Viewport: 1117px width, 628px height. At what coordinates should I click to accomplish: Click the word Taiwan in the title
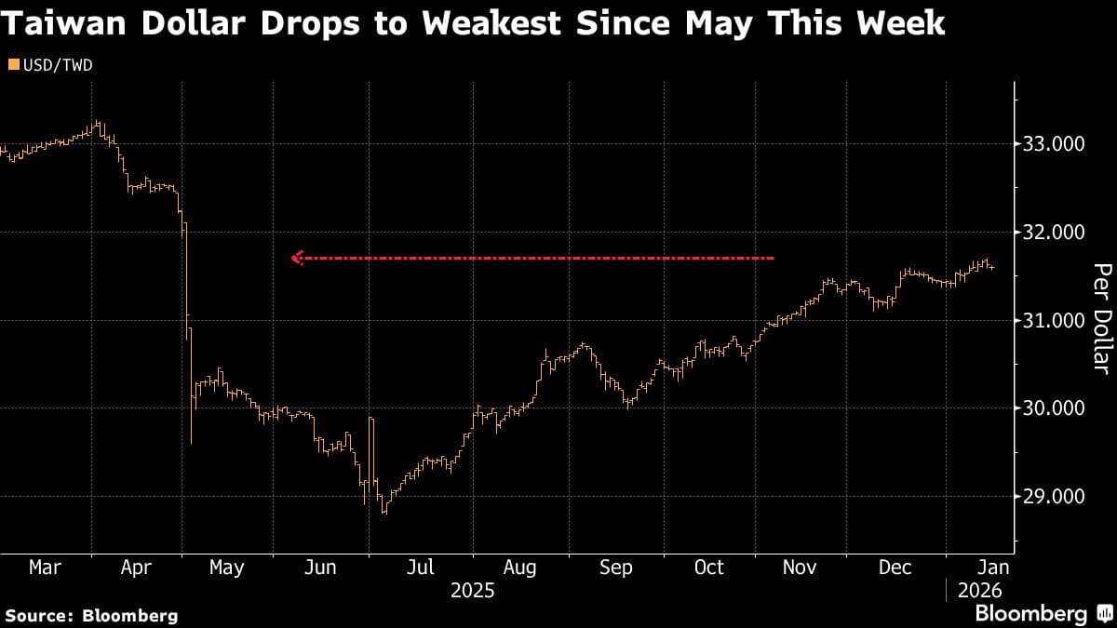[x=67, y=22]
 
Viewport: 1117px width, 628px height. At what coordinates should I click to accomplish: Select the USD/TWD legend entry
[x=50, y=64]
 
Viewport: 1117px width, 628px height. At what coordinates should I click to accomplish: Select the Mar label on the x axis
[x=46, y=567]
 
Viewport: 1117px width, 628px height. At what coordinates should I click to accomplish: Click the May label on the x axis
[x=227, y=567]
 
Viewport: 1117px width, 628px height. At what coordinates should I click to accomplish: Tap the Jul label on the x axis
[x=422, y=567]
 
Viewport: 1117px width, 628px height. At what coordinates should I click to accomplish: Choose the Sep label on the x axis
[x=615, y=567]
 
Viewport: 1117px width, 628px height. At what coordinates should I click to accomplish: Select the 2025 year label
[x=472, y=591]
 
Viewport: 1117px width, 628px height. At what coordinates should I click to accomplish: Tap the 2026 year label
[x=978, y=591]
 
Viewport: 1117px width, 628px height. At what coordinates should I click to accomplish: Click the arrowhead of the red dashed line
[x=297, y=258]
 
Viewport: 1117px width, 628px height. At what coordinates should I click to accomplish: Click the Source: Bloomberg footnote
[x=91, y=615]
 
